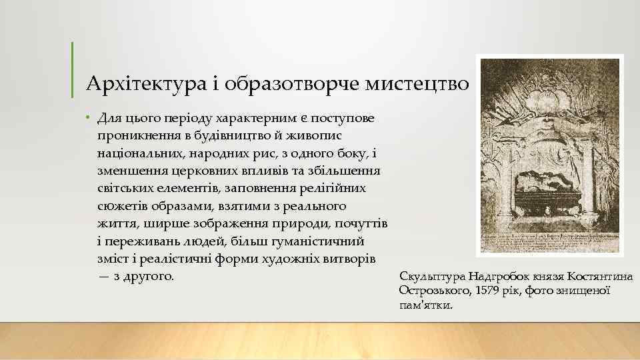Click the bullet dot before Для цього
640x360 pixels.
coord(88,119)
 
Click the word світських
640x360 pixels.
coord(125,189)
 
